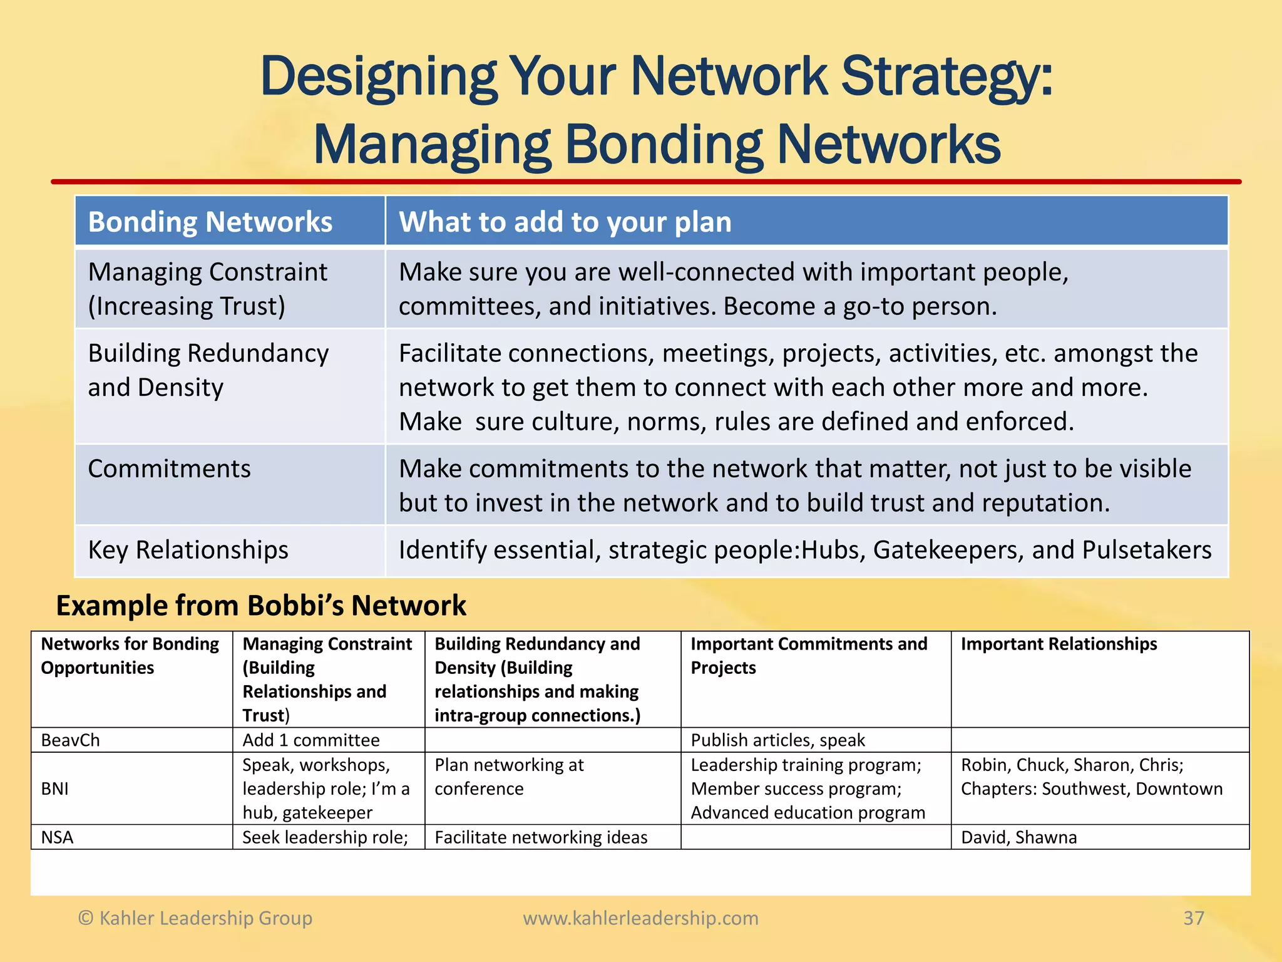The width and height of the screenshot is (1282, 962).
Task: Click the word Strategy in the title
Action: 945,78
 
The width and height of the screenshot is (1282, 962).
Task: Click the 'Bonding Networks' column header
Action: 210,222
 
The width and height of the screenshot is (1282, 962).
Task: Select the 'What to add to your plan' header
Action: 565,222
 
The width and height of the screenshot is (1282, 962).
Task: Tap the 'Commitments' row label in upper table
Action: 169,468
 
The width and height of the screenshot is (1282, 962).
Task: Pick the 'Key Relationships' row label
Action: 188,550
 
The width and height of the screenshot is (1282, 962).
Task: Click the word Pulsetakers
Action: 1147,550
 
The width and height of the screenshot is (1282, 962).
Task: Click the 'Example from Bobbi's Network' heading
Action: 261,606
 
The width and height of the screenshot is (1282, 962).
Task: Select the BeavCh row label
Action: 70,740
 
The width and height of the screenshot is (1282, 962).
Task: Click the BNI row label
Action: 55,789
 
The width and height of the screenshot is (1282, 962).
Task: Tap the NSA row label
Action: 57,837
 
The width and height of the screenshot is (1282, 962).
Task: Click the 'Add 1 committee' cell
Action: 311,740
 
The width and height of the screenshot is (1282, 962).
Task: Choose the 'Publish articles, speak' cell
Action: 777,740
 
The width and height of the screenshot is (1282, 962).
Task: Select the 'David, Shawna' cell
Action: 1018,837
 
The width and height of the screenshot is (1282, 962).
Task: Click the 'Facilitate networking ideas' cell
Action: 541,837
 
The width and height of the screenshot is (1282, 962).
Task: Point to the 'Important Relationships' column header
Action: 1059,644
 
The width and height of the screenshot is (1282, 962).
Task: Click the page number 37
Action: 1193,918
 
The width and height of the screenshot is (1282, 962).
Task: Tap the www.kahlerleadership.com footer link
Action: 640,918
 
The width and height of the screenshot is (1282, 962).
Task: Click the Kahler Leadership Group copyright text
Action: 195,918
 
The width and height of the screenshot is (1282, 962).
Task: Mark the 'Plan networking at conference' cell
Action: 508,777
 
